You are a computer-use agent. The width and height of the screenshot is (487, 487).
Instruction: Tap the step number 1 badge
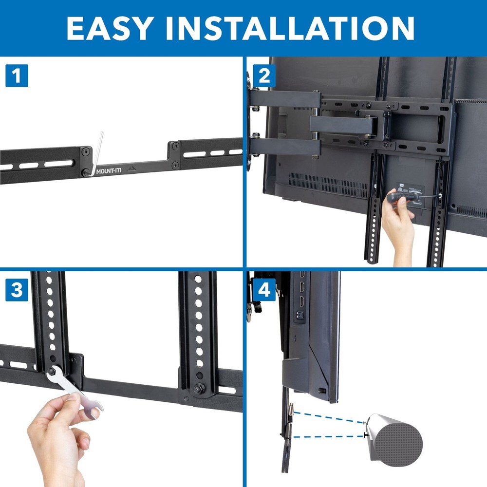[x=17, y=76]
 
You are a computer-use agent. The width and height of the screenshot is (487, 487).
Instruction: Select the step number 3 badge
[x=17, y=291]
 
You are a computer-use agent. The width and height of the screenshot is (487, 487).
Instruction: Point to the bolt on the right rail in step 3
[x=199, y=389]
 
